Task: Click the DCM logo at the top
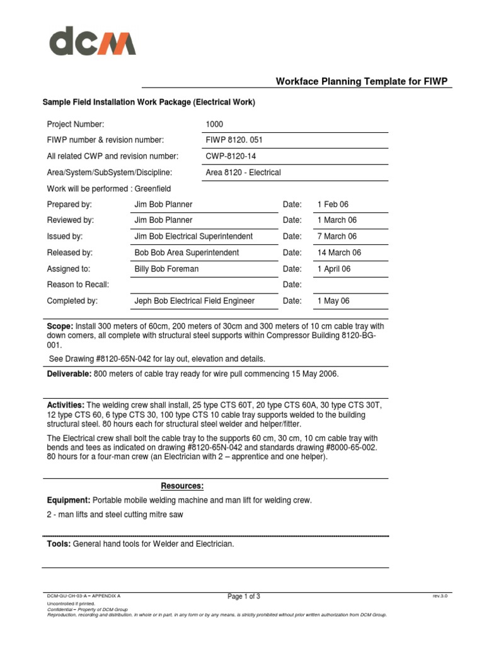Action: point(93,43)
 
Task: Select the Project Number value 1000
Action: point(214,125)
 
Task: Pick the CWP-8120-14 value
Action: point(231,156)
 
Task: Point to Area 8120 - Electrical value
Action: point(243,173)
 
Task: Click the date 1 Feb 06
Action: point(333,205)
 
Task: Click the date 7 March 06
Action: point(337,236)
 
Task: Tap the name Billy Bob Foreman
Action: point(166,269)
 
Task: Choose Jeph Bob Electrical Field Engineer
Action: point(195,301)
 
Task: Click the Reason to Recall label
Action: point(78,285)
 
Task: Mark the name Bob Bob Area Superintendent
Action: point(187,253)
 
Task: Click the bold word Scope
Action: point(60,326)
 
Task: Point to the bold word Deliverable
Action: point(69,374)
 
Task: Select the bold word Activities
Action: point(66,404)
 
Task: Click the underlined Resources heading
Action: point(182,486)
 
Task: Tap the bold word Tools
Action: point(59,544)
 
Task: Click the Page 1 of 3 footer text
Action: point(243,596)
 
